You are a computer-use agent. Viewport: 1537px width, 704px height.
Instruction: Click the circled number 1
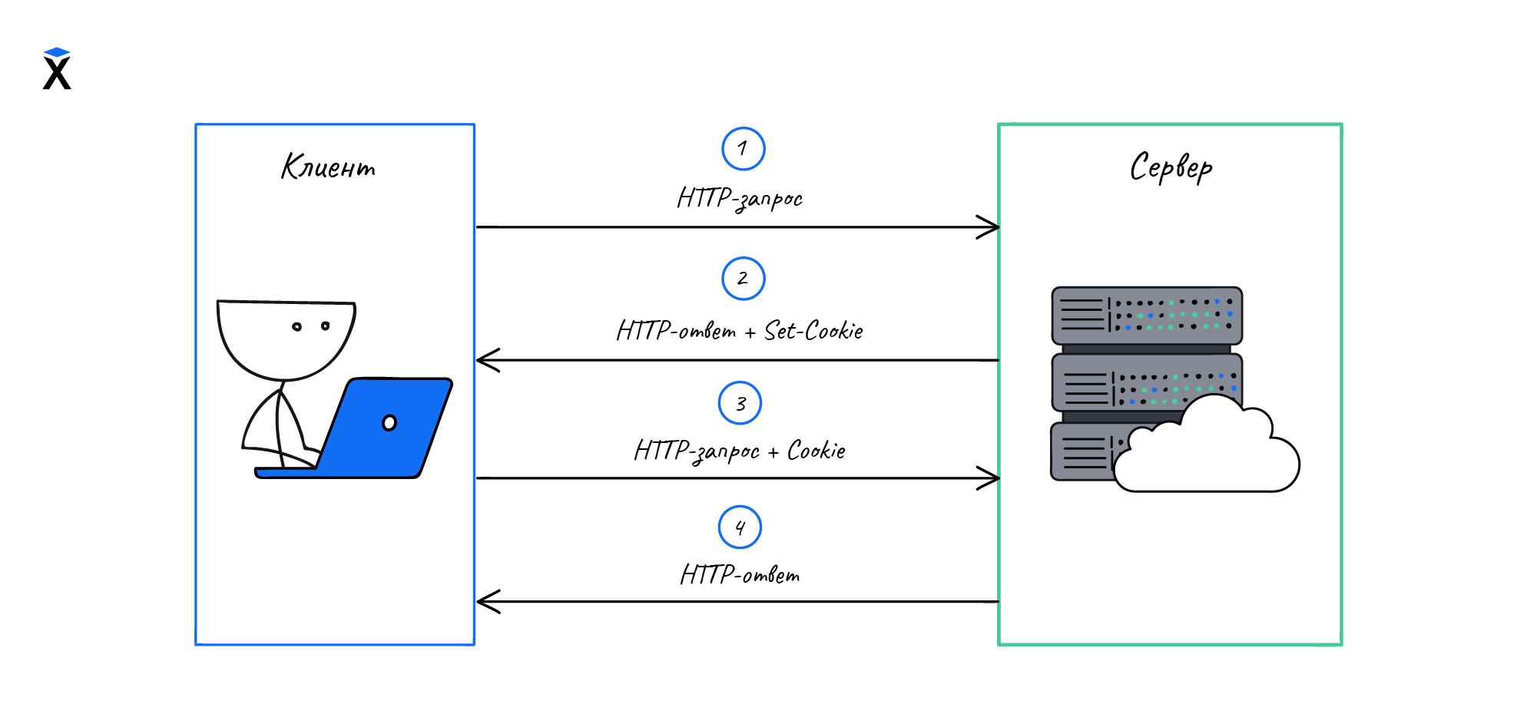pos(743,149)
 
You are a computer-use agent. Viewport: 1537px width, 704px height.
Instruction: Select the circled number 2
pos(743,279)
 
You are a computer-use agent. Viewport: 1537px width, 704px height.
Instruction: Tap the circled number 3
pos(740,403)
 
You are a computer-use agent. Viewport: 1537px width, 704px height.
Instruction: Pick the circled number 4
pos(740,527)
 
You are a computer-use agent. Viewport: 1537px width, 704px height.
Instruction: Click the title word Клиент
pos(329,167)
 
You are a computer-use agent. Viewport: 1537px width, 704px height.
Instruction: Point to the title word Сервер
pos(1171,167)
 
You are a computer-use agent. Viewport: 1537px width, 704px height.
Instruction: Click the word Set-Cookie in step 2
pos(813,331)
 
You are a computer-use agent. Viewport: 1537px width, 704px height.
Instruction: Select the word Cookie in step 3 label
pos(817,451)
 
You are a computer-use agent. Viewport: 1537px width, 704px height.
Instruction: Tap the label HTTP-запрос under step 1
pos(740,199)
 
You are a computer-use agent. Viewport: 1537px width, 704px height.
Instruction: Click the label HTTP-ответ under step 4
pos(740,575)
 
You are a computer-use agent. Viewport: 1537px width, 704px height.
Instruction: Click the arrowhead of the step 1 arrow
pos(991,227)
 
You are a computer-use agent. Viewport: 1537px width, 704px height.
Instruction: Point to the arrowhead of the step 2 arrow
pos(485,360)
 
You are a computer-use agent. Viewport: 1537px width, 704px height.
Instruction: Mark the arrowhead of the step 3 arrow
pos(991,478)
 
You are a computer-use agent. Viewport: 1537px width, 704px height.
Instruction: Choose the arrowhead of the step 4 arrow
pos(485,602)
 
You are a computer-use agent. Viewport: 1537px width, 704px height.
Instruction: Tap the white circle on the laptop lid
pos(389,423)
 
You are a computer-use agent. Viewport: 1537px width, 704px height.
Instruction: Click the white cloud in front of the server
pos(1206,453)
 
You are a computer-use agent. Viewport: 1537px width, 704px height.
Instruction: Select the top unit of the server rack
pos(1147,316)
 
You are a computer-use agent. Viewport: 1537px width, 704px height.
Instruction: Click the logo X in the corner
pos(57,70)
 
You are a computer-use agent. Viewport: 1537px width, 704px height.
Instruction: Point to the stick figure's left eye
pos(296,327)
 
